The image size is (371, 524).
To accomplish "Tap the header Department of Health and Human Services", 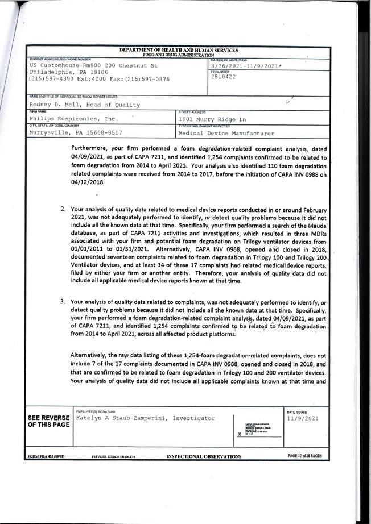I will tap(179, 51).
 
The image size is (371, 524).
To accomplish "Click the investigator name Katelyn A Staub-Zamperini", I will tap(145, 418).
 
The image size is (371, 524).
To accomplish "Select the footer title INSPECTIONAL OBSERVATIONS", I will tap(204, 456).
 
